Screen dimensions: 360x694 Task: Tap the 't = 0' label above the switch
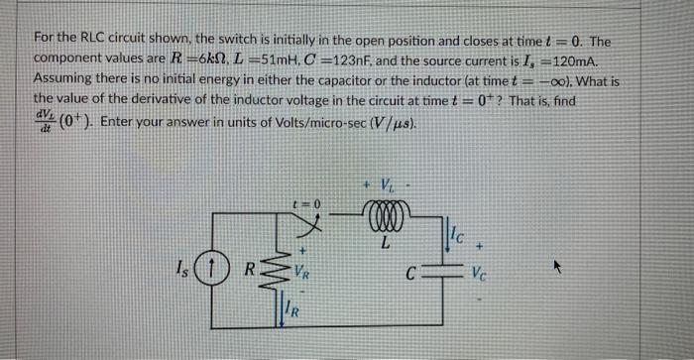coord(310,201)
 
